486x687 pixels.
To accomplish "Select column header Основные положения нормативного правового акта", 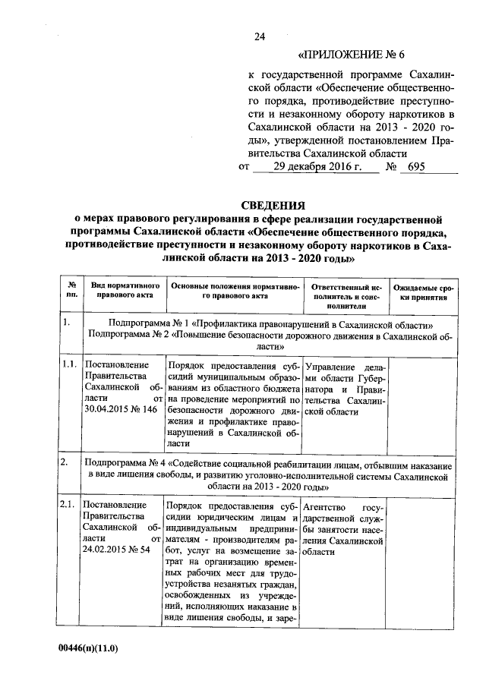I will tap(233, 292).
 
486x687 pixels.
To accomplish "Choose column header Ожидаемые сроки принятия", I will tap(423, 292).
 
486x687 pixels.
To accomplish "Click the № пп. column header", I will tap(71, 292).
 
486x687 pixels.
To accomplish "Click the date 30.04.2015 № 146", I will tap(120, 408).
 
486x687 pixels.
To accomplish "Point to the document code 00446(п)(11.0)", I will tap(89, 651).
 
